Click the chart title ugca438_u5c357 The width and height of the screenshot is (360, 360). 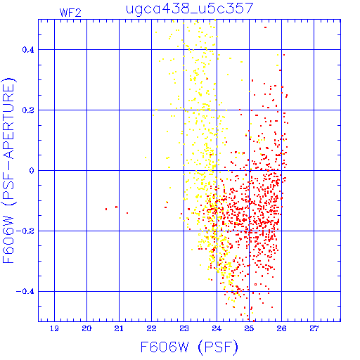click(x=190, y=8)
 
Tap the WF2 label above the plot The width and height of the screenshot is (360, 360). click(x=70, y=13)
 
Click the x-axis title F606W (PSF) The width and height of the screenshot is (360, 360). click(x=189, y=347)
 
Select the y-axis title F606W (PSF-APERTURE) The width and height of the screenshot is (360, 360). click(x=9, y=170)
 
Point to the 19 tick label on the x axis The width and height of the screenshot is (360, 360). click(x=54, y=328)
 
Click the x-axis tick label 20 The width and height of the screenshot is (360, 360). click(x=86, y=328)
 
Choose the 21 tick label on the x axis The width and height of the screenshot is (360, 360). click(x=119, y=328)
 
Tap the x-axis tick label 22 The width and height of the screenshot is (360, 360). click(x=151, y=328)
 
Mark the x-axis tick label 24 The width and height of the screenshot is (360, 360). click(x=217, y=328)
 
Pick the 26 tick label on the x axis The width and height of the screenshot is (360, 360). click(x=281, y=328)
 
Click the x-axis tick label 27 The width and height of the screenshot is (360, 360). click(x=314, y=328)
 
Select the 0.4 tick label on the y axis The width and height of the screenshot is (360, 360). click(x=28, y=50)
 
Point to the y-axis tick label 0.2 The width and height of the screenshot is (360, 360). click(x=28, y=110)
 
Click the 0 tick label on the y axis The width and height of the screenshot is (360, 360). click(x=32, y=171)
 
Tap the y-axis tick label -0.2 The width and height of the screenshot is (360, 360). click(x=25, y=231)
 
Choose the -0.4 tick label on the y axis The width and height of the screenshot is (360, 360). click(x=25, y=292)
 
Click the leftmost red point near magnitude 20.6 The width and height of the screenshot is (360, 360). click(x=106, y=209)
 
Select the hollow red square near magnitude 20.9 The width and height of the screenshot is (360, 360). click(x=116, y=207)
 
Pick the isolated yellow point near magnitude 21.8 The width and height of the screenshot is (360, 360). click(x=146, y=157)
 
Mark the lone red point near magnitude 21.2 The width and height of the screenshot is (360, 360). click(x=127, y=213)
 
